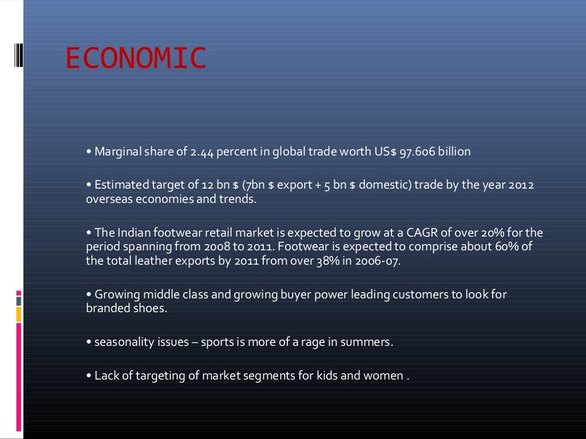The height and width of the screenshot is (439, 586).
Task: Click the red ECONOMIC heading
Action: [x=136, y=59]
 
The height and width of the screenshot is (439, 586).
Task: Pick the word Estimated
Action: [x=118, y=185]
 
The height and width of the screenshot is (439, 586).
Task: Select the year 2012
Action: [x=521, y=185]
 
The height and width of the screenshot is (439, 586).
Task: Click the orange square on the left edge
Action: [x=19, y=314]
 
